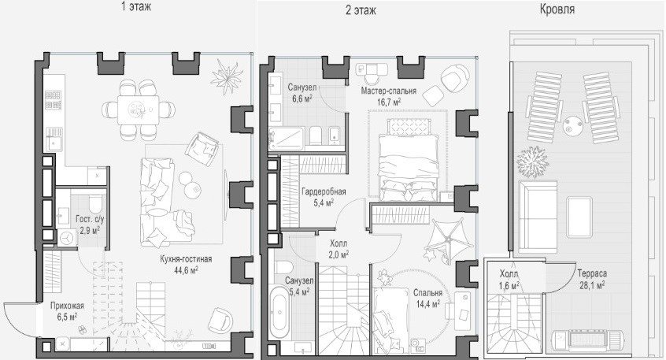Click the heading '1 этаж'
pyautogui.click(x=136, y=7)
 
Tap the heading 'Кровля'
pyautogui.click(x=557, y=9)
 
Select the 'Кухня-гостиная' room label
pyautogui.click(x=186, y=259)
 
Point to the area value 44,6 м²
pyautogui.click(x=186, y=269)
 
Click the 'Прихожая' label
pyautogui.click(x=67, y=306)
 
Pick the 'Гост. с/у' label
pyautogui.click(x=90, y=220)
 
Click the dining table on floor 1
pyautogui.click(x=138, y=109)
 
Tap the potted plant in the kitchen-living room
pyautogui.click(x=227, y=76)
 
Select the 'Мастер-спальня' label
pyautogui.click(x=389, y=91)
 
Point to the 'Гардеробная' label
pyautogui.click(x=324, y=191)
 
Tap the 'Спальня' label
pyautogui.click(x=427, y=293)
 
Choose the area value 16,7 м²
pyautogui.click(x=389, y=102)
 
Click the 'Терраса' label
pyautogui.click(x=592, y=273)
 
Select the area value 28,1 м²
pyautogui.click(x=592, y=284)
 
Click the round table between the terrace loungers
pyautogui.click(x=573, y=125)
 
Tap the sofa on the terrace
pyautogui.click(x=538, y=217)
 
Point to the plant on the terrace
pyautogui.click(x=533, y=162)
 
